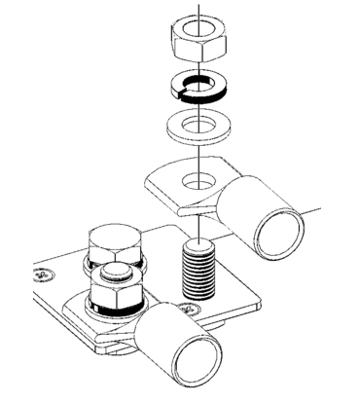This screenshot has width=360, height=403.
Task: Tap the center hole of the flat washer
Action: pos(198,125)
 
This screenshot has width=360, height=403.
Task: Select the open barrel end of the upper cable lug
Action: pos(281,235)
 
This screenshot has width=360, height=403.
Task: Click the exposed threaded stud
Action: pos(198,272)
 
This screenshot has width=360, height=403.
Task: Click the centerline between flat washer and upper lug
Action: pos(198,154)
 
